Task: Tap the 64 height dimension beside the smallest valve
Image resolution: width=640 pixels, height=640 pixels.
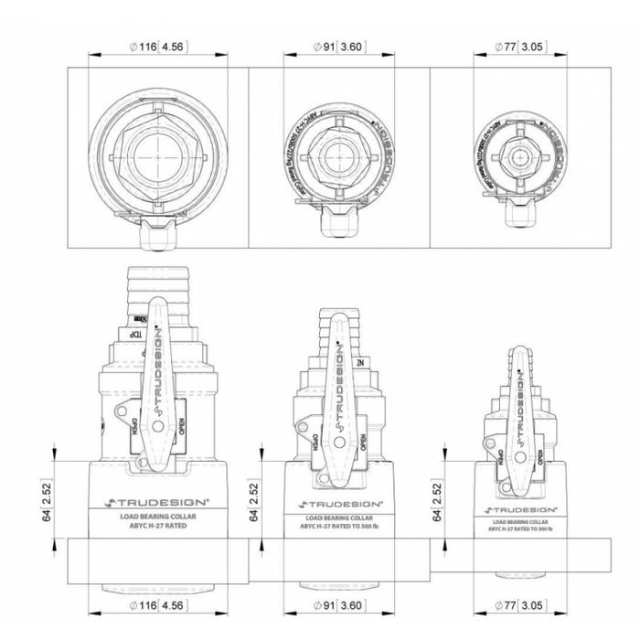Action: coord(438,502)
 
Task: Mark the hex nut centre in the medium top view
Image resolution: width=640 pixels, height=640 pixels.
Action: coord(338,157)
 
